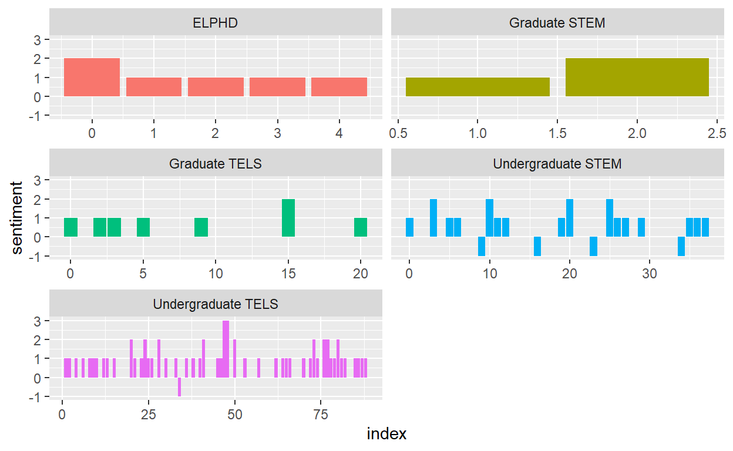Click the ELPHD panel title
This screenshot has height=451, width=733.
coord(216,23)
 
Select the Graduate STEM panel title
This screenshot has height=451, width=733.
coord(557,23)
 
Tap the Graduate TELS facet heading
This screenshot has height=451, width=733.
coord(216,164)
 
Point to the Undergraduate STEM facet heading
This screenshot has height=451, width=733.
coord(557,164)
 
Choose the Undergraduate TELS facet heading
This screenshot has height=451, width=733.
coord(216,304)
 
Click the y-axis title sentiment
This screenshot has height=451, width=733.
coord(17,218)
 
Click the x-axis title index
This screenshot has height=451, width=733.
coord(386,434)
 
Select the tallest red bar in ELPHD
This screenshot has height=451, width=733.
coord(92,77)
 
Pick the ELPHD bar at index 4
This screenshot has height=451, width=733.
coord(339,87)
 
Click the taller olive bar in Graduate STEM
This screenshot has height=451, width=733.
coord(637,77)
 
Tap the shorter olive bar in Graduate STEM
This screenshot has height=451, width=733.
coord(478,87)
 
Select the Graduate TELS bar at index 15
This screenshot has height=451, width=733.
coord(288,218)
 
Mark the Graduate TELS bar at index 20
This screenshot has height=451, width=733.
coord(361,227)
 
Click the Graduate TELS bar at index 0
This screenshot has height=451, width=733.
coord(70,227)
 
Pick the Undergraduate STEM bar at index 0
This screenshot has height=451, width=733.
coord(409,227)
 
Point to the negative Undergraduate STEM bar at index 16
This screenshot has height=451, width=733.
coord(537,247)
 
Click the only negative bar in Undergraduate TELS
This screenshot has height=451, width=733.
coord(179,387)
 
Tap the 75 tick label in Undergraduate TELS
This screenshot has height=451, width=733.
coord(321,414)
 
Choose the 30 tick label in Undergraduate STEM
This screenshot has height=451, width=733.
coord(648,273)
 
